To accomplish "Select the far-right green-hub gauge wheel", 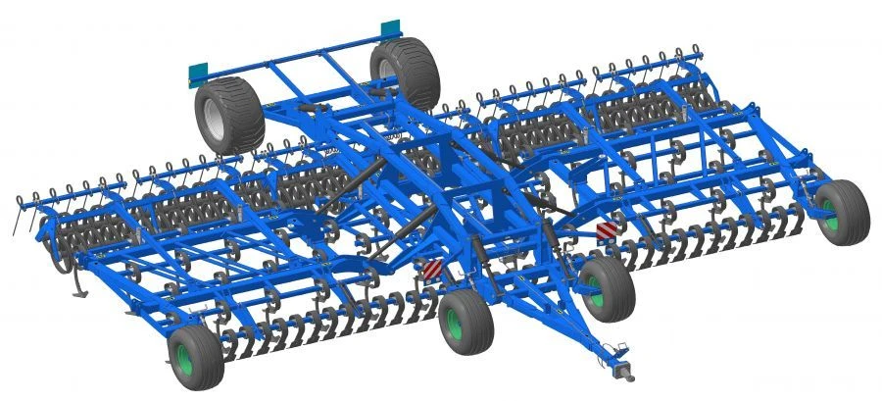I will coord(844,210).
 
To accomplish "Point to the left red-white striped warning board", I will coord(431,269).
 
